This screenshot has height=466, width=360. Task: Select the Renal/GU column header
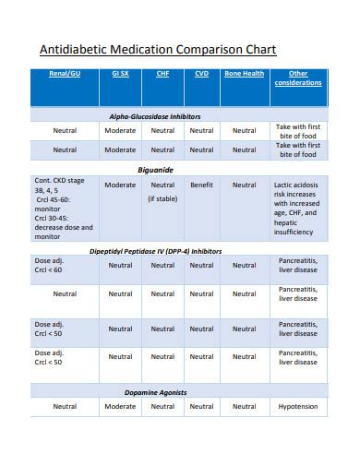(65, 73)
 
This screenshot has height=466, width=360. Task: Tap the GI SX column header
(120, 73)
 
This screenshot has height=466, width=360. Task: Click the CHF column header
(162, 73)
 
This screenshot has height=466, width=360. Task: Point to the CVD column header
(201, 73)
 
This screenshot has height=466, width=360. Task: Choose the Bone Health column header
(244, 73)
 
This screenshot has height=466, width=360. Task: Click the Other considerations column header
(298, 78)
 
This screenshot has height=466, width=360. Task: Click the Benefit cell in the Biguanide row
(201, 185)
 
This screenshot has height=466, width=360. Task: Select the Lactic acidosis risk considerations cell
(298, 209)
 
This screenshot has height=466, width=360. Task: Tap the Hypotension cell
(298, 406)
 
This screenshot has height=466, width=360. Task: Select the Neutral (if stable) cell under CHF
(162, 191)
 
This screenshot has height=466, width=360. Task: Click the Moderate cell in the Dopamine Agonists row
(120, 406)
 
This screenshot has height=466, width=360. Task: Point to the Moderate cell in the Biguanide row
(120, 185)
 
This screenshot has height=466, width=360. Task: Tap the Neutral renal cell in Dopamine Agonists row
(65, 406)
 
